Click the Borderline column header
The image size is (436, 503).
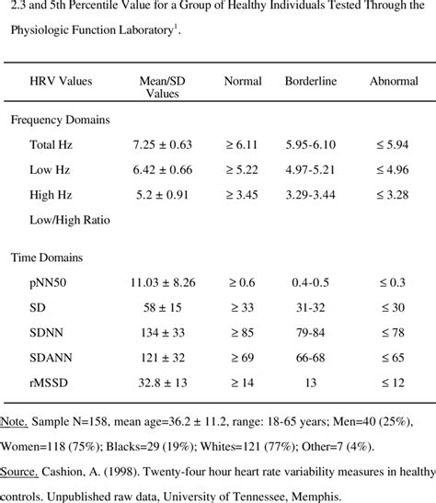311,81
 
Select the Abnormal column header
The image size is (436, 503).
394,81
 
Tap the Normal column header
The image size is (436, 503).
243,81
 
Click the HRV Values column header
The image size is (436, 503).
61,81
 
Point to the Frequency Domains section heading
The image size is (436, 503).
61,120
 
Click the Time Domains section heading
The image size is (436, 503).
47,257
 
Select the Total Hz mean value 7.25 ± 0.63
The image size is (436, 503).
162,144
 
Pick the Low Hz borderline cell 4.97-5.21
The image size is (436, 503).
310,169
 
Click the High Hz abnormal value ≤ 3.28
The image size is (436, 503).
393,195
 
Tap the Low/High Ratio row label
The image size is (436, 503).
70,220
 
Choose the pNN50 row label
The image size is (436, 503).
48,282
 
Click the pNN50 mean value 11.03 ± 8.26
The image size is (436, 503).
163,282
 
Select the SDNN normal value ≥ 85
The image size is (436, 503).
242,332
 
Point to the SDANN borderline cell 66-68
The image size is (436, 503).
310,358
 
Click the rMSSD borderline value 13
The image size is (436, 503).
311,383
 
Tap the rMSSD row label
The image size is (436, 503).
49,383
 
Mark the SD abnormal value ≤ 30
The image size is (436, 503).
393,307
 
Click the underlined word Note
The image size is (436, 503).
14,421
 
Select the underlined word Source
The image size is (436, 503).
19,472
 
